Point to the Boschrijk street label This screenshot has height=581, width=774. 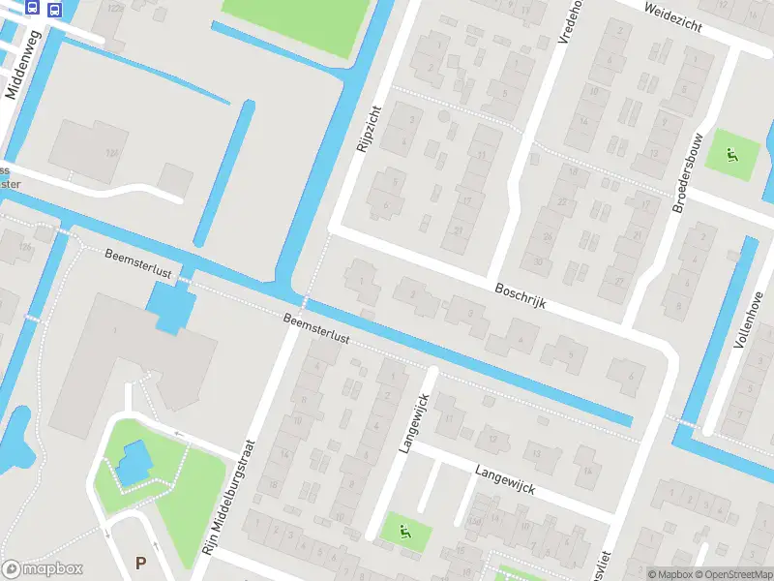pos(521,295)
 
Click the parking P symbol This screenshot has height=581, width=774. pos(141,563)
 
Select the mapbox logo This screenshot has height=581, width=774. pos(43,569)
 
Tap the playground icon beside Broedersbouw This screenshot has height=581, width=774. pos(731,153)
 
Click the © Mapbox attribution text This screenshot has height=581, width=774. pos(669,574)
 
